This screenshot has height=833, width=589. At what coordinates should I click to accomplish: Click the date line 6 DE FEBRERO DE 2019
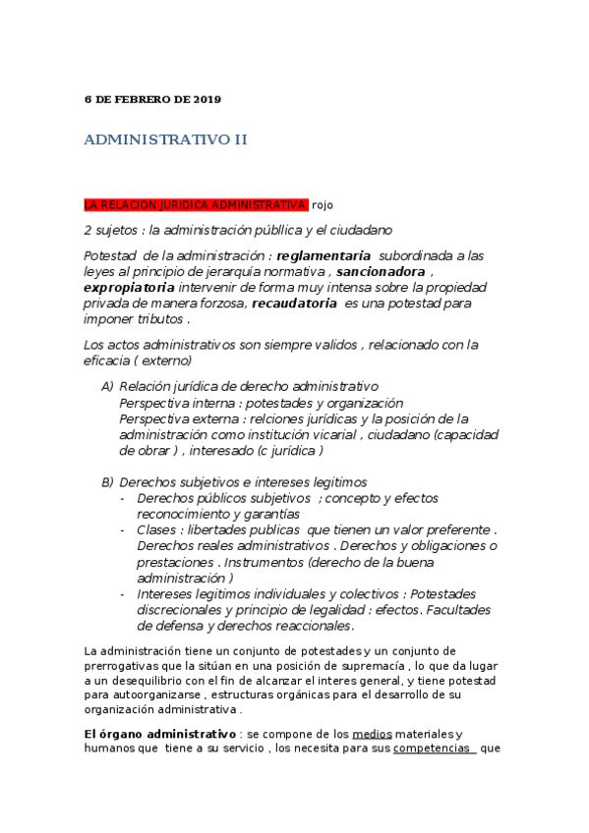coord(152,99)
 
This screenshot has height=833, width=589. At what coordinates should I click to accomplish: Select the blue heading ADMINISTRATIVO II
coord(166,139)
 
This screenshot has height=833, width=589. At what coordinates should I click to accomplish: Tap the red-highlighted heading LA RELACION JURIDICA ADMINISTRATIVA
coord(196,204)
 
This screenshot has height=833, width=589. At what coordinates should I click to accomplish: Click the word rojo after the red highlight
coord(324,204)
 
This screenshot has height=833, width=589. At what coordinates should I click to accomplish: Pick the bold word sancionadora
coord(382,271)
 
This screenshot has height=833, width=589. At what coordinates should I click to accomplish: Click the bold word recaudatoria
coord(294,304)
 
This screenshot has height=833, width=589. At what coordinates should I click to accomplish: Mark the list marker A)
coord(107,387)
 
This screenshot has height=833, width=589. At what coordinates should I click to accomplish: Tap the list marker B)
coord(107,482)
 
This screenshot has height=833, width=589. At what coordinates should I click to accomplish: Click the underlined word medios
coord(365,734)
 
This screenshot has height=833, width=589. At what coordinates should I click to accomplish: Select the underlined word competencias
coord(435,749)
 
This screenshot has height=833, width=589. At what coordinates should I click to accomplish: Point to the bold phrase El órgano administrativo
coord(160,734)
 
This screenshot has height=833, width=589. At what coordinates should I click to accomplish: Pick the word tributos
coord(159,319)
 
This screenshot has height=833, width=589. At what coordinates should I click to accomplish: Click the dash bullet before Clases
coord(122,529)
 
